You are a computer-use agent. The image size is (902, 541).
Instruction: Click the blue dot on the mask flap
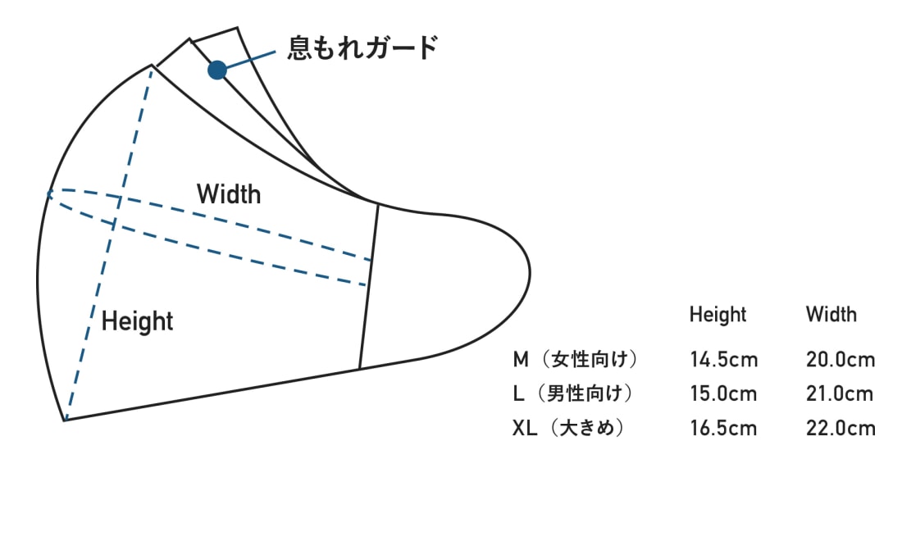216,70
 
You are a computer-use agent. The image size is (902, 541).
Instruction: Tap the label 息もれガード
362,48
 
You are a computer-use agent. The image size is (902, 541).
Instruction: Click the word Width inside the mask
229,194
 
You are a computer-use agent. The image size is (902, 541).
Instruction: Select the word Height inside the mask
137,321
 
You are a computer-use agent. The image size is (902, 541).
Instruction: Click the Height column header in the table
717,315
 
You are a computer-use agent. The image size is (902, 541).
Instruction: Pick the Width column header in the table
831,315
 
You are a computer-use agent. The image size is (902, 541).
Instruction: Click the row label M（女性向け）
575,359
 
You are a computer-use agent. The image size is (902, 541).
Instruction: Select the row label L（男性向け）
573,393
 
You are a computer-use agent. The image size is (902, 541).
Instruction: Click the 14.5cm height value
724,359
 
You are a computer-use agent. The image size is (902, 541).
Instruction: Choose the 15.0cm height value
724,393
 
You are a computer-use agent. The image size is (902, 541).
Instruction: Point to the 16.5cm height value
724,428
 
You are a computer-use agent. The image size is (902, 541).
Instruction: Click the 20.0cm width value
840,359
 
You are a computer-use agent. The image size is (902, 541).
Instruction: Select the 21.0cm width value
840,393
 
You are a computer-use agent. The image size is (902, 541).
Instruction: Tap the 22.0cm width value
840,428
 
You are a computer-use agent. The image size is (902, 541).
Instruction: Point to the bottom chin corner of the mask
65,420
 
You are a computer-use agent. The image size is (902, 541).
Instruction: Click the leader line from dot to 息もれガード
251,60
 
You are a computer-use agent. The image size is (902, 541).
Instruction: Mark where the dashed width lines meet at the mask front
49,193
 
